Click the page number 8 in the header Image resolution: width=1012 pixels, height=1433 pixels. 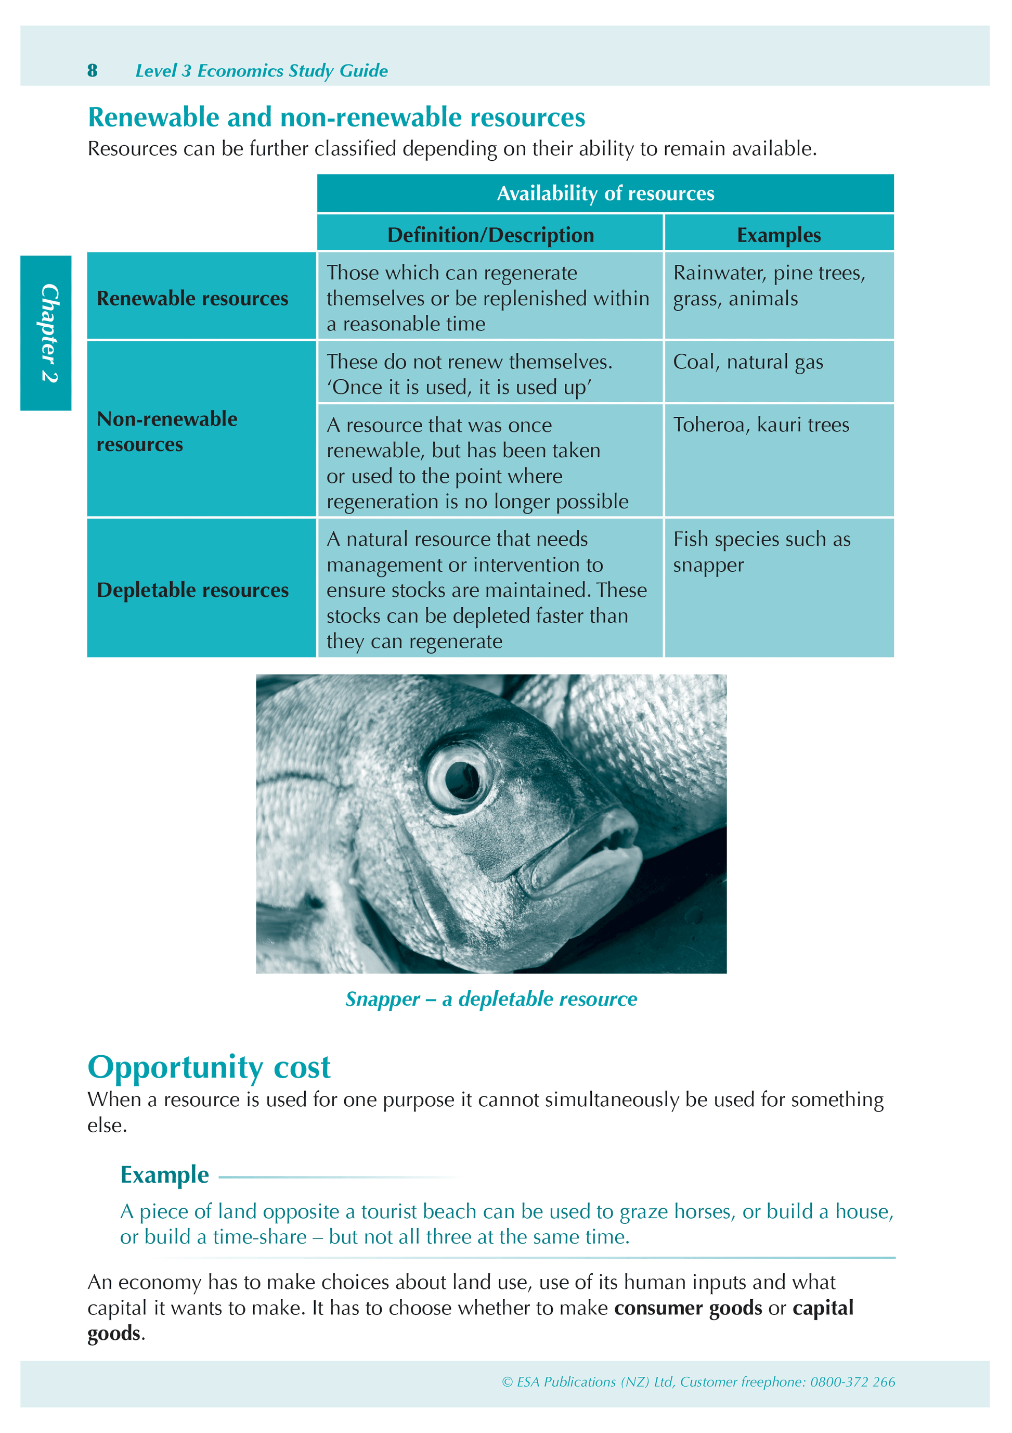(93, 71)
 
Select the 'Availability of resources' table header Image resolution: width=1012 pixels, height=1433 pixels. (605, 194)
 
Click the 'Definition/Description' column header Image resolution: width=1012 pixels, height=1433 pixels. (490, 235)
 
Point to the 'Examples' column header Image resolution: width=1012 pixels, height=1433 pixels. (779, 235)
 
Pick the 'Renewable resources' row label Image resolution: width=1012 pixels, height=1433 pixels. (192, 298)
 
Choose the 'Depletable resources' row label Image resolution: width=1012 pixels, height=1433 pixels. (192, 590)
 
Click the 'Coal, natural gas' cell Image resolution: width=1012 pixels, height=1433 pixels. (747, 362)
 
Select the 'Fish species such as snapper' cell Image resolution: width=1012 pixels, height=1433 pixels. (761, 552)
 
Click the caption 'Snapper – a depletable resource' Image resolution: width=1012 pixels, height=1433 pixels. (491, 999)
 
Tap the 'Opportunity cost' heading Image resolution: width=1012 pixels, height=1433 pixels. (209, 1067)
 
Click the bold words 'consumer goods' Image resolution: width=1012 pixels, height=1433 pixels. (687, 1308)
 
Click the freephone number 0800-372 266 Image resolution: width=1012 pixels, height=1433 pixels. (852, 1382)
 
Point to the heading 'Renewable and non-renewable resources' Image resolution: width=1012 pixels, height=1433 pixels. (336, 118)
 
